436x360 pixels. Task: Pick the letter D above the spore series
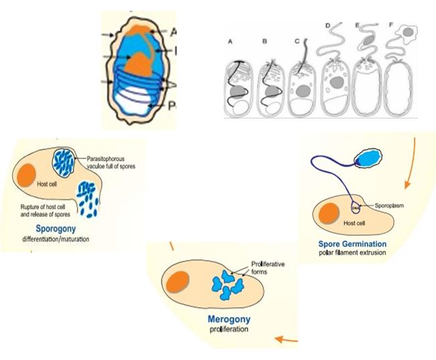click(328, 26)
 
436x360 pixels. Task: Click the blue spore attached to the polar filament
click(367, 159)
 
